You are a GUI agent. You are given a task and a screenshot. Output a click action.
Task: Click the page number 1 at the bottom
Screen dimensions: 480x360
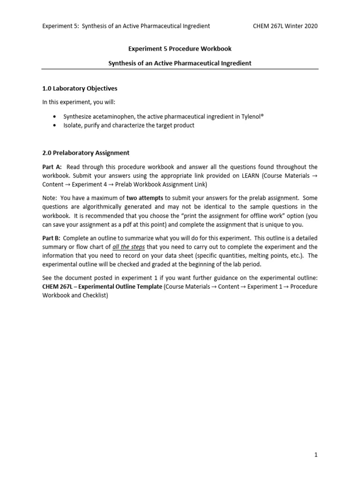316,455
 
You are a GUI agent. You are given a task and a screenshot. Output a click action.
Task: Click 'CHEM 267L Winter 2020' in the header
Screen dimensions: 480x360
285,26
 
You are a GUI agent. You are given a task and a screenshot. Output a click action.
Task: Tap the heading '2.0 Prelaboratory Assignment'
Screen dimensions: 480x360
86,153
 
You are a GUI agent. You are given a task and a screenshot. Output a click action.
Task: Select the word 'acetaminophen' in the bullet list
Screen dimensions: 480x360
111,116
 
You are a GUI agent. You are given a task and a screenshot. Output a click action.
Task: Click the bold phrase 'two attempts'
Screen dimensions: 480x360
145,198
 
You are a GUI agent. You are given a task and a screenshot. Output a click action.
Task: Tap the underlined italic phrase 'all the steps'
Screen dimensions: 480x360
129,247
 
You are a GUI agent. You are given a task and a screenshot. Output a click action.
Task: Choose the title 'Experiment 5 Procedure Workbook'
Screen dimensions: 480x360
180,48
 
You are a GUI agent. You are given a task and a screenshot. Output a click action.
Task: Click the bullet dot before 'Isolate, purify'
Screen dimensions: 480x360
55,125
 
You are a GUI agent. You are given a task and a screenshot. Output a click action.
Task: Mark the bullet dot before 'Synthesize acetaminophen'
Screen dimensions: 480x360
55,116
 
